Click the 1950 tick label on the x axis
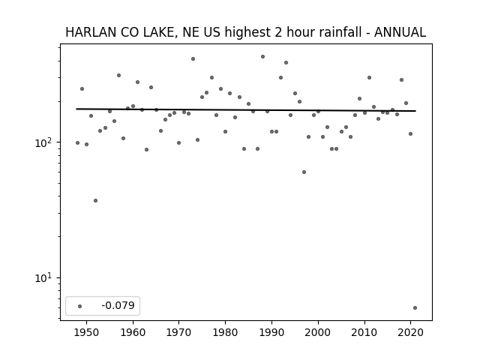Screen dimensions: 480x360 [x=87, y=332]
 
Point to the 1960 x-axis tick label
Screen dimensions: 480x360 [x=133, y=332]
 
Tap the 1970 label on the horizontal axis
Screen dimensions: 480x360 [x=179, y=332]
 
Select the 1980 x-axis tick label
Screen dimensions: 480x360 [x=225, y=332]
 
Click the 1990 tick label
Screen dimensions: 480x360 [x=271, y=332]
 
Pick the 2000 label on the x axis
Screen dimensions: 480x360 [x=318, y=332]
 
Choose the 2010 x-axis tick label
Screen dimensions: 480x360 [x=364, y=332]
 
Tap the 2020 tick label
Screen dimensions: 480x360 [x=410, y=332]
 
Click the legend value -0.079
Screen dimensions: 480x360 [x=118, y=305]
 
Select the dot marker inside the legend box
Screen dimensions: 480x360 [x=79, y=306]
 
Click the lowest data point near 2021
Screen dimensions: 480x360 [x=415, y=308]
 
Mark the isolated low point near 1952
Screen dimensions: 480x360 [x=95, y=201]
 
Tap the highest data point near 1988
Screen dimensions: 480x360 [x=262, y=57]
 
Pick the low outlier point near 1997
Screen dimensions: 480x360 [x=304, y=172]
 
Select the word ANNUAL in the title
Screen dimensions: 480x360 [x=400, y=32]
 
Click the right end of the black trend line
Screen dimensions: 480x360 [x=415, y=111]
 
